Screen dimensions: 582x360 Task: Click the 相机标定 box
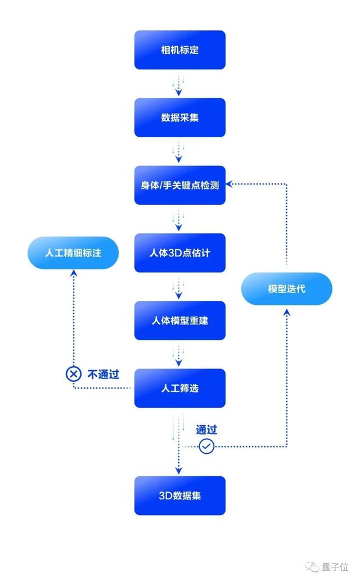179,50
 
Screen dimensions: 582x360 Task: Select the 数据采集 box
179,118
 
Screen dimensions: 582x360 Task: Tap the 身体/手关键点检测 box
179,185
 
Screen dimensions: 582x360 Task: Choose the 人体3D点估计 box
179,252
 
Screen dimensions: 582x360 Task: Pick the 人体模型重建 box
179,320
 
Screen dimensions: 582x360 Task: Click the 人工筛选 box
179,387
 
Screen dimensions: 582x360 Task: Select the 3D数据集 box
179,495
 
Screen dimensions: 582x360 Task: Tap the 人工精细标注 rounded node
73,252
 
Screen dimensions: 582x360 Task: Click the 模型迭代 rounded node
287,288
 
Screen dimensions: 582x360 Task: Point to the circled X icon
73,374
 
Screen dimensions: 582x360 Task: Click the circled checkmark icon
206,446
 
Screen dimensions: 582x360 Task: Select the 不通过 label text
103,375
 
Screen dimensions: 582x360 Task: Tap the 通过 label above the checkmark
206,430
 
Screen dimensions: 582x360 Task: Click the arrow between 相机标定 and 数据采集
179,84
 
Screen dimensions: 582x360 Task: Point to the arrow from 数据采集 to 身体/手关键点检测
179,151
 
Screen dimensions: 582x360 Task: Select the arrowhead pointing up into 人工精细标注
73,273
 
